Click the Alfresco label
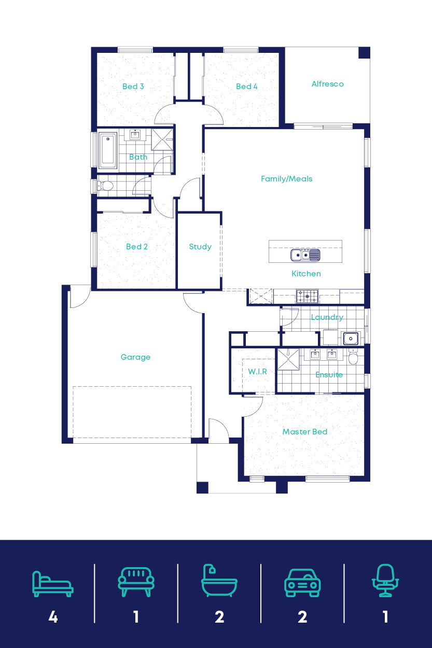coord(327,84)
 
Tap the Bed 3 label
coord(133,87)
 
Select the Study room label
coord(200,247)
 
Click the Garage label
coord(135,357)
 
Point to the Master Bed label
coord(304,432)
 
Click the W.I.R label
coord(257,372)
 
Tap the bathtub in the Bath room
coord(108,151)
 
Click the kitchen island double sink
coord(305,255)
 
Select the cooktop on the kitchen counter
coord(306,297)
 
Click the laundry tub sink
coord(351,339)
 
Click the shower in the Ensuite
coord(288,360)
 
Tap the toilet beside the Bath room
coord(105,186)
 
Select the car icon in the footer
coord(302,582)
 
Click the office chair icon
coord(385,581)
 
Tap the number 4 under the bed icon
coord(53,617)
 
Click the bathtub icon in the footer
coord(219,582)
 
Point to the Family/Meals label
coord(286,179)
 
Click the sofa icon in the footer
coord(136,581)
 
